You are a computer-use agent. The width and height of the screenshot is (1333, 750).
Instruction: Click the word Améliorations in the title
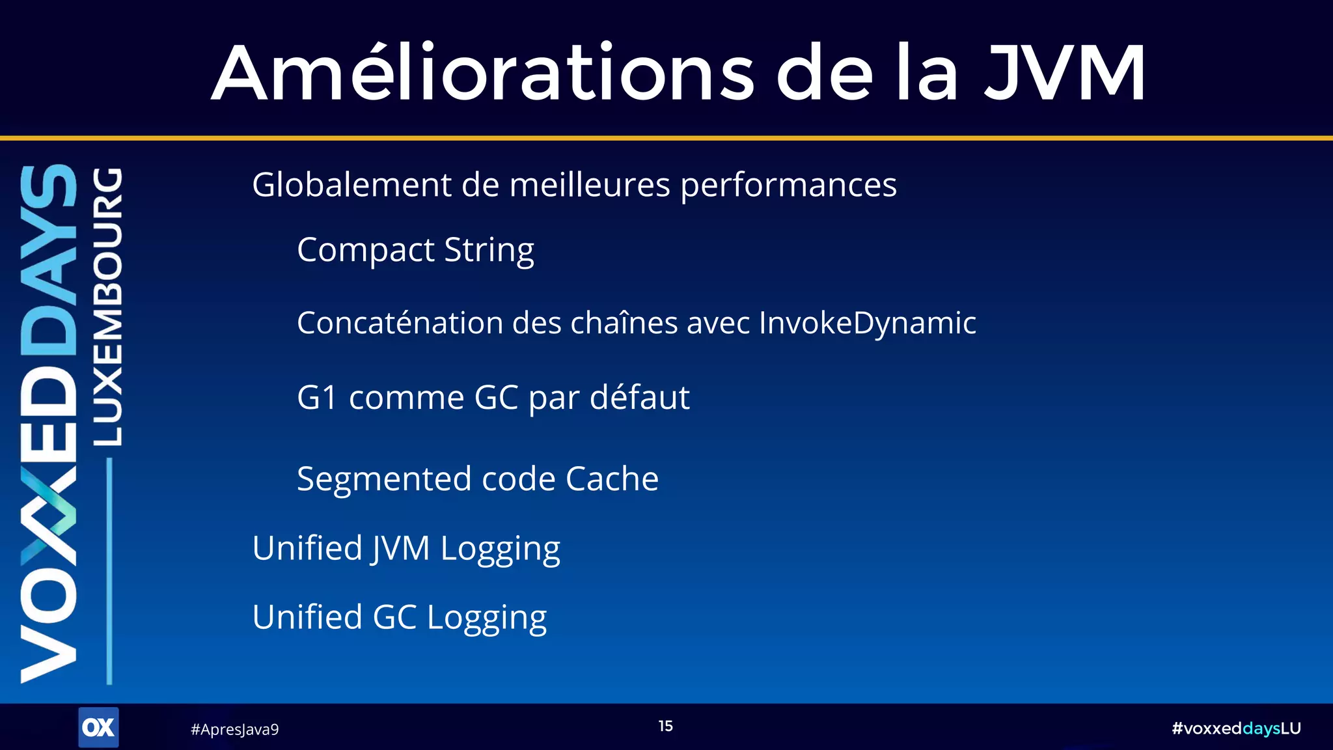pos(482,73)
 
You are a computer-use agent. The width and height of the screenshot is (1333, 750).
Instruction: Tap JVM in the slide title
pos(1064,73)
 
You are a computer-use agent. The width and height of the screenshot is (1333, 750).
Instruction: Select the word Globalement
pos(351,185)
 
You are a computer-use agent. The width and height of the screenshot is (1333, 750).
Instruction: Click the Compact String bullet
pos(415,251)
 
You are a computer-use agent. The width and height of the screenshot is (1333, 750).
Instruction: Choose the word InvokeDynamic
pos(867,323)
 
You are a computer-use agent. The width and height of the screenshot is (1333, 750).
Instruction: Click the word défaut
pos(639,397)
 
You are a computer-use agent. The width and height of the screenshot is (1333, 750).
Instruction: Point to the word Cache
pos(612,479)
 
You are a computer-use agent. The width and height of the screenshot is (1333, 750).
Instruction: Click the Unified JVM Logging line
pos(406,549)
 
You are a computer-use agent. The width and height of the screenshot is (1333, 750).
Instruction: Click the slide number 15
pos(665,727)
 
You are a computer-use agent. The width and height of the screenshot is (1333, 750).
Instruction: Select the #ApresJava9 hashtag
pos(234,730)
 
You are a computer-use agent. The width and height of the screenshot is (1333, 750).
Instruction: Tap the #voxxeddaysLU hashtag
pos(1235,729)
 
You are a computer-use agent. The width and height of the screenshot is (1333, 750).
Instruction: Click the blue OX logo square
pos(98,727)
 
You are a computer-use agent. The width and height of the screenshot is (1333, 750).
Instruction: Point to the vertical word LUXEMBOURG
pos(107,306)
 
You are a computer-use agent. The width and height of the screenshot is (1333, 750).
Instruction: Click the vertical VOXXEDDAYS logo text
pos(49,423)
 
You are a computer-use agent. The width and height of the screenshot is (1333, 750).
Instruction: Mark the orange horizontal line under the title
pos(666,138)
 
